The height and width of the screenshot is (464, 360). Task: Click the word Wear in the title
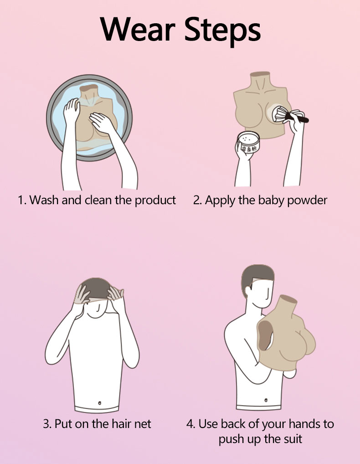coord(137,29)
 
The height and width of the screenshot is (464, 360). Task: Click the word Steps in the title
coord(222,31)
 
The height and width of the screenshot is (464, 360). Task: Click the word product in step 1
coord(155,201)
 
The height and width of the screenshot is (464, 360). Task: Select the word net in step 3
coord(143,424)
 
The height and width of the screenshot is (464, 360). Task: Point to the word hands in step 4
coord(303,424)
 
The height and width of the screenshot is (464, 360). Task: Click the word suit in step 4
coord(293,438)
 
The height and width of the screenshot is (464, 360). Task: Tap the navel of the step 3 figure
coord(99,403)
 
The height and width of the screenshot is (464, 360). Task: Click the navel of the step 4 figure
coord(266,400)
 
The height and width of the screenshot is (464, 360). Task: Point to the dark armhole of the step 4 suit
coord(265,335)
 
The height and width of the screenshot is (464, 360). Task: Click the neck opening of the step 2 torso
coord(260,74)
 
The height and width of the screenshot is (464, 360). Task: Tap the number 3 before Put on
coord(47,424)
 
